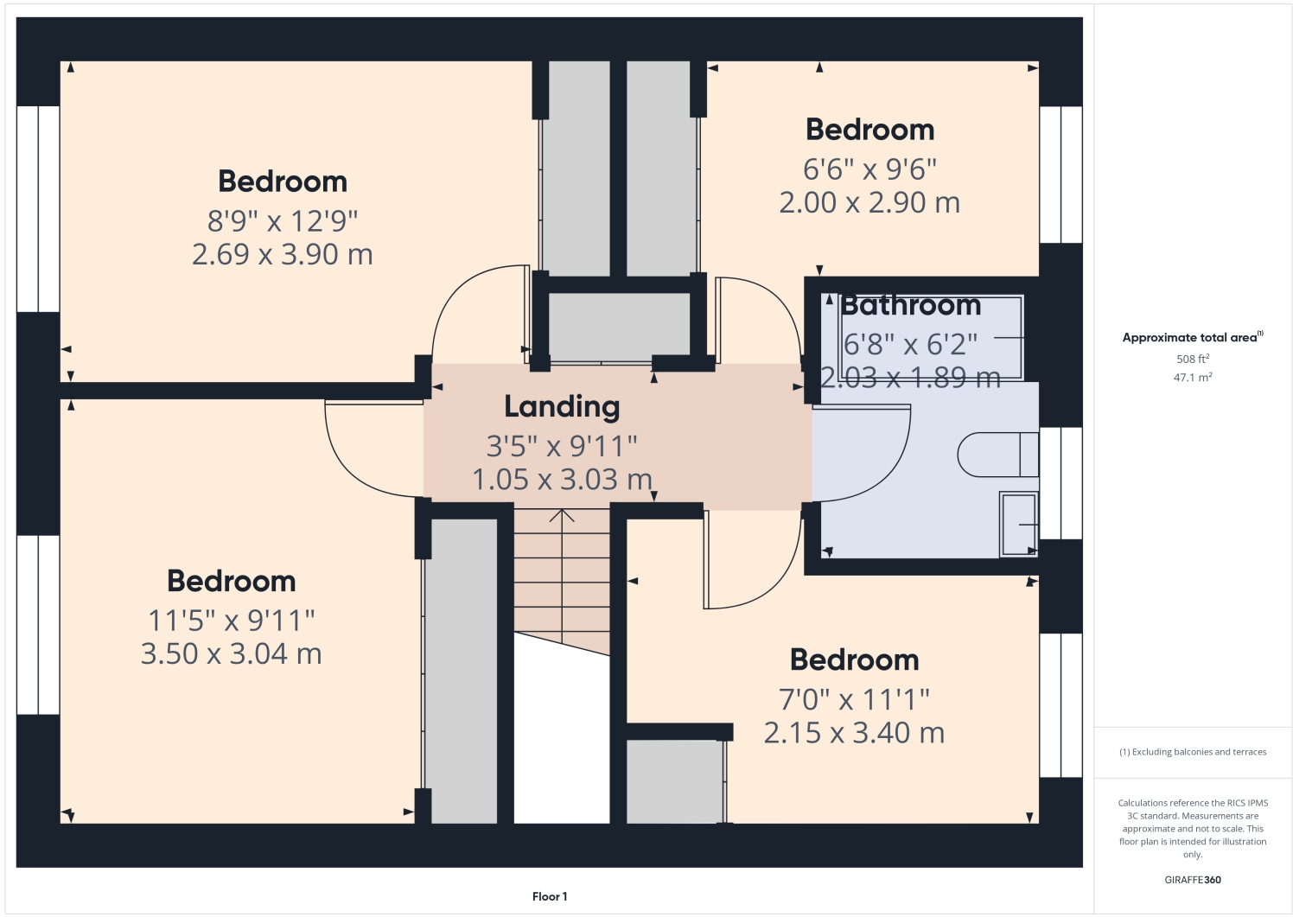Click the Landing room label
click(562, 406)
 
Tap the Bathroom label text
click(911, 305)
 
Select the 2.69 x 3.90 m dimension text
click(283, 255)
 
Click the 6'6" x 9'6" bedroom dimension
click(869, 169)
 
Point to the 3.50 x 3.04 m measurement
click(232, 654)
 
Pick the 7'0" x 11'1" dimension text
click(854, 699)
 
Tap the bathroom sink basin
click(1019, 524)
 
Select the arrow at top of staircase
click(563, 517)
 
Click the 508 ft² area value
click(1193, 359)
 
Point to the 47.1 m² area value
click(1193, 378)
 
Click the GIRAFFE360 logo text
click(1193, 880)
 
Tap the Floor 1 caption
click(550, 896)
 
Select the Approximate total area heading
click(1191, 338)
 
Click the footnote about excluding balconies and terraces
click(1193, 752)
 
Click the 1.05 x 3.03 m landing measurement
click(562, 480)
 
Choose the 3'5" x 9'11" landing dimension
click(562, 447)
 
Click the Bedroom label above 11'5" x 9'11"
click(232, 581)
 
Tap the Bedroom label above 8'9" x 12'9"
click(283, 181)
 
